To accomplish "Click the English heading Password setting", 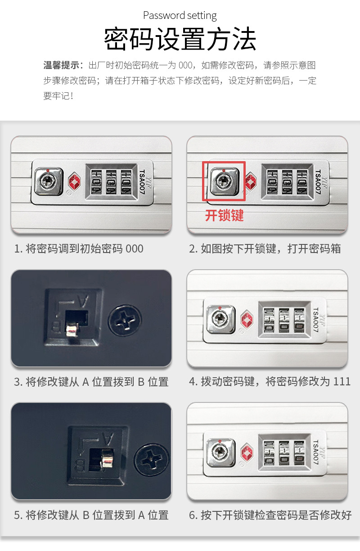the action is (180, 16).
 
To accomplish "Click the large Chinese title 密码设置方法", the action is (180, 39).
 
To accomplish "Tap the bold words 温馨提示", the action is (61, 65).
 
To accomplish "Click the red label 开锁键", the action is (224, 216).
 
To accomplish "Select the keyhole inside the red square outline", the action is (224, 181).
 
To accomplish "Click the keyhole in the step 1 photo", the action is (48, 181).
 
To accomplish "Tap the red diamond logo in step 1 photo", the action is (74, 182).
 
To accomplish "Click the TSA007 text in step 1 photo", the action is (143, 182).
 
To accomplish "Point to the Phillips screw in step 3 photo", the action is (125, 321).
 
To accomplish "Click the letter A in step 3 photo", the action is (83, 301).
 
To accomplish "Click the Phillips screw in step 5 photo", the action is (152, 459).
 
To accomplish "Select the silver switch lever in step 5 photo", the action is (107, 457).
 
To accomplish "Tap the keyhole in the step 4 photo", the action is (220, 319).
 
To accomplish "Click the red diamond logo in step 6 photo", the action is (247, 452).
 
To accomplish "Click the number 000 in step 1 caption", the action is (135, 248).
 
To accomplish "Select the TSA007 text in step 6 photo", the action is (315, 452).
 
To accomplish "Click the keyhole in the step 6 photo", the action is (220, 452).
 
